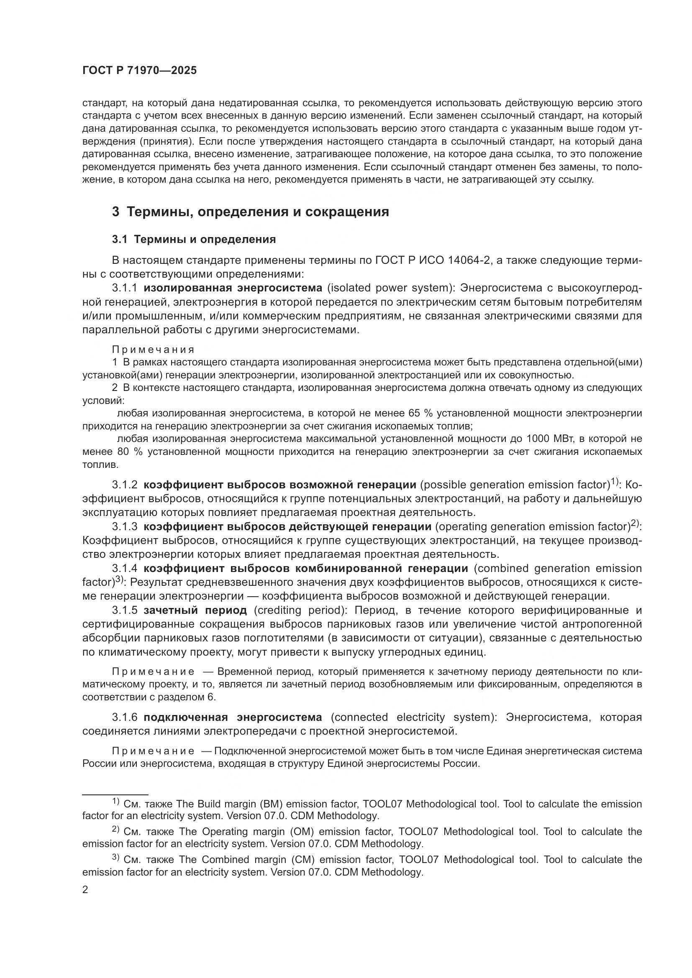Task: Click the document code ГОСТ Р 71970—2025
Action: coord(139,71)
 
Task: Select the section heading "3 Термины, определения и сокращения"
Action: coord(251,212)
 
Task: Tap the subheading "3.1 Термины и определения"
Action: coord(194,240)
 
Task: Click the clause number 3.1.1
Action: coord(124,289)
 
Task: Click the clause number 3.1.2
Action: coord(124,485)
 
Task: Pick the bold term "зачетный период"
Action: coord(195,610)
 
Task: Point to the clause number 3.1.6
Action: coord(124,718)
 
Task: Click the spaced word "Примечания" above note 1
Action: coord(153,350)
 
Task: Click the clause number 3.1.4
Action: coord(124,569)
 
